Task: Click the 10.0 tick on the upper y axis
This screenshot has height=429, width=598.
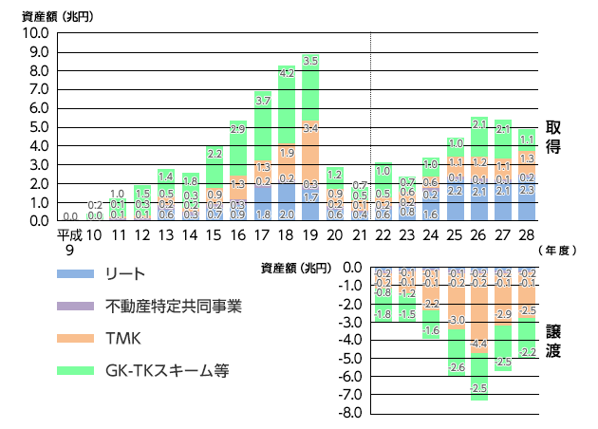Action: [x=35, y=33]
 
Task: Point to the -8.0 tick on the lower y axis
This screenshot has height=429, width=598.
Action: [x=352, y=413]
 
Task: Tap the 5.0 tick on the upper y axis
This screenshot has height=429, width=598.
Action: [x=38, y=127]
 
